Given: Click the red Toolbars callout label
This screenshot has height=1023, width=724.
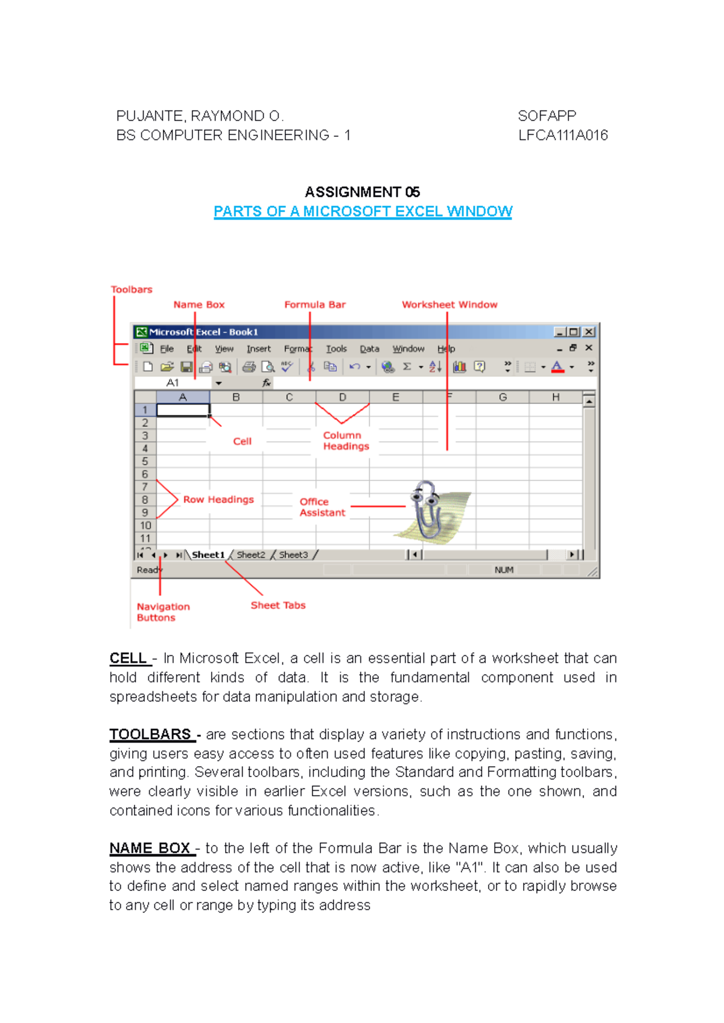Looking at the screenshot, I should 132,289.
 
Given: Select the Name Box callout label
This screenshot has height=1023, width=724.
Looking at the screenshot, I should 198,304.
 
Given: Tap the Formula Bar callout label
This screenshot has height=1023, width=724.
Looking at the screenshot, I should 314,304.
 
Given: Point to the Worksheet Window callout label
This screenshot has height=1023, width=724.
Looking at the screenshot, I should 449,304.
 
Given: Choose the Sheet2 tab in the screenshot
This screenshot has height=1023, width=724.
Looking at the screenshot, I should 250,555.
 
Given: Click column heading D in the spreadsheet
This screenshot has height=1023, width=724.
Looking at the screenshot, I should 342,397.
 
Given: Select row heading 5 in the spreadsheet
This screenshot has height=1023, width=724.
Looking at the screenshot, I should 145,461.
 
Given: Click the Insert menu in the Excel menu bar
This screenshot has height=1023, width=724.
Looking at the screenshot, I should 258,348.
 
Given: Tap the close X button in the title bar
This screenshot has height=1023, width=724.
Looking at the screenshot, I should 589,332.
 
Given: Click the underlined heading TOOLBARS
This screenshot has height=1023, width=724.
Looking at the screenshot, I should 150,734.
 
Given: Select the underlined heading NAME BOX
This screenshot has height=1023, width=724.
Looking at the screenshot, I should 150,848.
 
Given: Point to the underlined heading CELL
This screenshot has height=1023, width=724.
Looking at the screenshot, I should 128,658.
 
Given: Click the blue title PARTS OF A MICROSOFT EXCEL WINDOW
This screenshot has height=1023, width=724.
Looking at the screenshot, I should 363,212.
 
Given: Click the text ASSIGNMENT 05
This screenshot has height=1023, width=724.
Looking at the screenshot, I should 362,192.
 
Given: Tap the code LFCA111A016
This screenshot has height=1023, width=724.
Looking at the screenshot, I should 563,135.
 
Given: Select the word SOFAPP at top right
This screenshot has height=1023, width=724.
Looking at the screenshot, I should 547,116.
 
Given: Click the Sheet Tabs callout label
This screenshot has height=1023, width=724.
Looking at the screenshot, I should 278,605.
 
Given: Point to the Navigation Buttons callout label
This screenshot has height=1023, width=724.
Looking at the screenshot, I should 162,612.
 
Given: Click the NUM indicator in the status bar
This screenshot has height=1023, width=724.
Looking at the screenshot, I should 504,570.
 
